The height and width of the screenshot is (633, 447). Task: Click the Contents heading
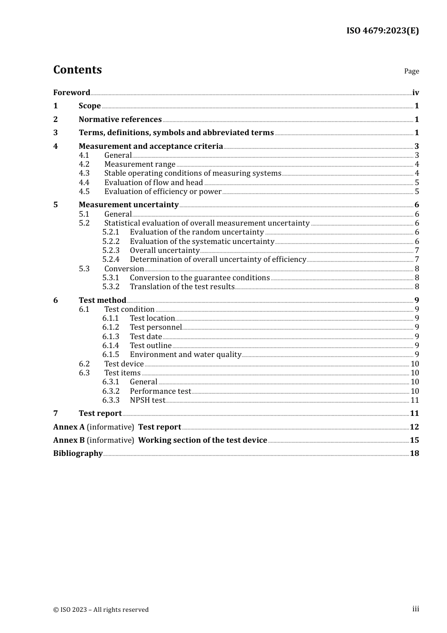[77, 70]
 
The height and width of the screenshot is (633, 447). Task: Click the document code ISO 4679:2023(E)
[383, 31]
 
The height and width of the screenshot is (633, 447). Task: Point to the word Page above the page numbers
[411, 71]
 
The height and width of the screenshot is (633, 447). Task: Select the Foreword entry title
[72, 92]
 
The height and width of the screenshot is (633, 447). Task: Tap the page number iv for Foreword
[415, 92]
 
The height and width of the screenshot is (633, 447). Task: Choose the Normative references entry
[120, 119]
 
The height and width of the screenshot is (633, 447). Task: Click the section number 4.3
[84, 173]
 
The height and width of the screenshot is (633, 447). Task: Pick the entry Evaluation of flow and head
[153, 182]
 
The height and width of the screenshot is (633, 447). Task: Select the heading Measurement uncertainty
[128, 204]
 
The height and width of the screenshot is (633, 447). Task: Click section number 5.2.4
[111, 260]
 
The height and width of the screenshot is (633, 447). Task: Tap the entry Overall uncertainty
[165, 251]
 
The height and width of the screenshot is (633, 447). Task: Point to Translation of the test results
[182, 287]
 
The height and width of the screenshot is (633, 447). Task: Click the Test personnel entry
[156, 327]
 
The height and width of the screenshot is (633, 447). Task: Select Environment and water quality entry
[185, 355]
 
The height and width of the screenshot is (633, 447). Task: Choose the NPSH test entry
[148, 400]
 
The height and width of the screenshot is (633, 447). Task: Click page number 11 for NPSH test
[415, 400]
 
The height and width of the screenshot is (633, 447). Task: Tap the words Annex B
[69, 440]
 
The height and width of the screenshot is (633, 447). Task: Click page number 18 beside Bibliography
[415, 453]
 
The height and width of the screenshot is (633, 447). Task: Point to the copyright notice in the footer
[101, 609]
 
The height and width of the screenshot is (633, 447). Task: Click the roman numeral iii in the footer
[415, 609]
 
